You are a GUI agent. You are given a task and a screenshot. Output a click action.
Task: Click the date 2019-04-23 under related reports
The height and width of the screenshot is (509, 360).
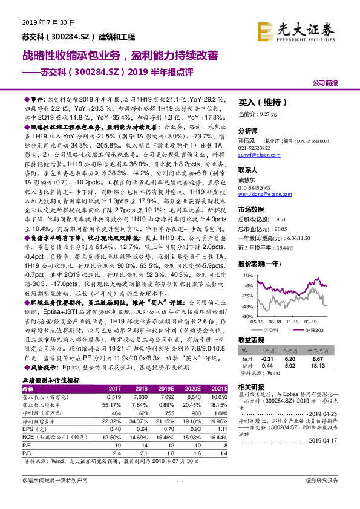point(333,412)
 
